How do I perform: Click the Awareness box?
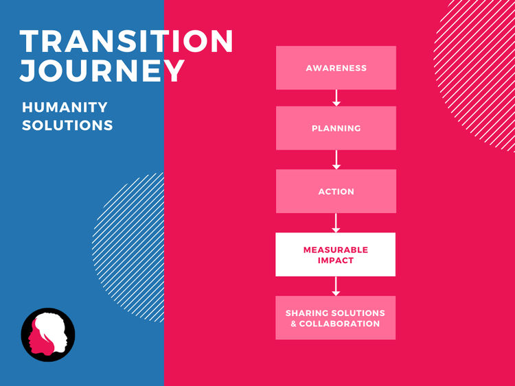pyautogui.click(x=336, y=68)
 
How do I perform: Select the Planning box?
pyautogui.click(x=336, y=128)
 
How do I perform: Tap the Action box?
pyautogui.click(x=336, y=191)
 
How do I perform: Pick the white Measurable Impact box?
pyautogui.click(x=336, y=254)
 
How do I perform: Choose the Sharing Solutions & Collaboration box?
pyautogui.click(x=336, y=317)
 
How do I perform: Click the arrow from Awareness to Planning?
pyautogui.click(x=336, y=98)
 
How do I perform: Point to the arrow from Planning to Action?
pyautogui.click(x=336, y=160)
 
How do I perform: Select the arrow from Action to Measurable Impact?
pyautogui.click(x=336, y=223)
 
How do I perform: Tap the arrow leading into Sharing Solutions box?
pyautogui.click(x=336, y=286)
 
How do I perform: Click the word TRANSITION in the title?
pyautogui.click(x=127, y=43)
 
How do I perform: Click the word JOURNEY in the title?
pyautogui.click(x=102, y=71)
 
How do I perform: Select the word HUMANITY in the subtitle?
pyautogui.click(x=65, y=108)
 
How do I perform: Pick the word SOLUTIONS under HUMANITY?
pyautogui.click(x=67, y=126)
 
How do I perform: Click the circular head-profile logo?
pyautogui.click(x=48, y=335)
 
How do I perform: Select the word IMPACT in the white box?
pyautogui.click(x=336, y=261)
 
